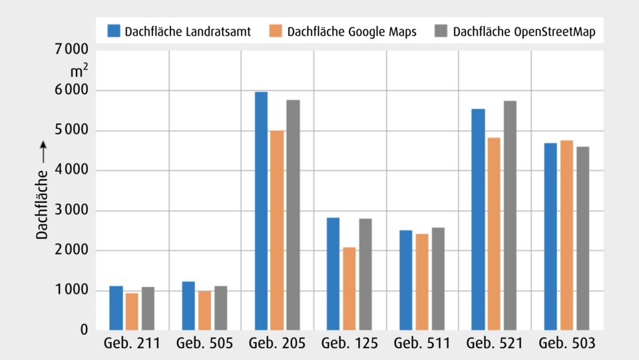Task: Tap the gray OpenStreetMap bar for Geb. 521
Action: click(x=510, y=216)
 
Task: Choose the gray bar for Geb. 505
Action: click(x=221, y=308)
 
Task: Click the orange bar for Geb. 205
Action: click(x=277, y=230)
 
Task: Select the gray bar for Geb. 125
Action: click(x=365, y=274)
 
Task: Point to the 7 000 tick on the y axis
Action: click(x=69, y=50)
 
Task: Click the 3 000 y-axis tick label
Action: click(x=69, y=211)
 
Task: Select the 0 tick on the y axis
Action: click(x=84, y=330)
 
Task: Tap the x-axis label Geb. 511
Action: click(x=422, y=344)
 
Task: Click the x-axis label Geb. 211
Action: click(x=132, y=344)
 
